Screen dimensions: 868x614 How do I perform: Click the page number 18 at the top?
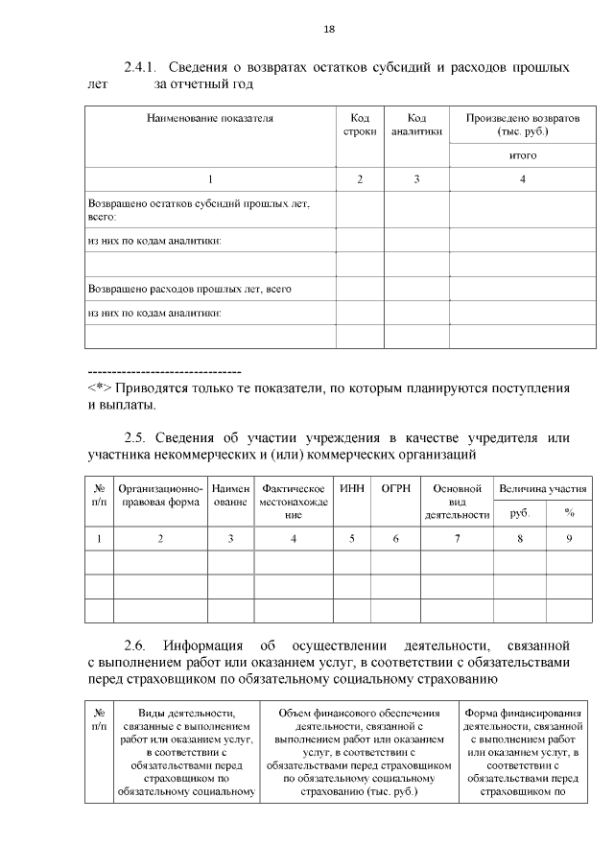pos(328,29)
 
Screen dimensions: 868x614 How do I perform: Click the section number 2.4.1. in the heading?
pos(143,67)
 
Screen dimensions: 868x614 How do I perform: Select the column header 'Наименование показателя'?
pos(209,119)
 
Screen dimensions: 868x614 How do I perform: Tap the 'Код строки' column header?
pos(360,125)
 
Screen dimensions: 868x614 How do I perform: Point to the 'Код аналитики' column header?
pos(416,125)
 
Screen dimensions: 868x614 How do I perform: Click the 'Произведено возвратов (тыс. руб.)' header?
pos(522,125)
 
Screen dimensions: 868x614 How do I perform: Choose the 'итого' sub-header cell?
pos(522,155)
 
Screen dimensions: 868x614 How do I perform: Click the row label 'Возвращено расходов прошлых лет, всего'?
pos(189,288)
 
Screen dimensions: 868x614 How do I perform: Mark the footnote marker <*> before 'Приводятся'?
pos(100,389)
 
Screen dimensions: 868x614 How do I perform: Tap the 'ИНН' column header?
pos(351,489)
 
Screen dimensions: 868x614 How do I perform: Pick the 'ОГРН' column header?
pos(395,489)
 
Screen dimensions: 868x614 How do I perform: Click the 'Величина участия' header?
pos(542,489)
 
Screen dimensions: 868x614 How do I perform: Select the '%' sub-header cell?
pos(569,513)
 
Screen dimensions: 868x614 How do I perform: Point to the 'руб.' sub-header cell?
pos(519,513)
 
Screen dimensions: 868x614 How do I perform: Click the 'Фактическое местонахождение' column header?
pos(293,502)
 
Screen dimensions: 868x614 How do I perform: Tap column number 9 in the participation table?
pos(569,539)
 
